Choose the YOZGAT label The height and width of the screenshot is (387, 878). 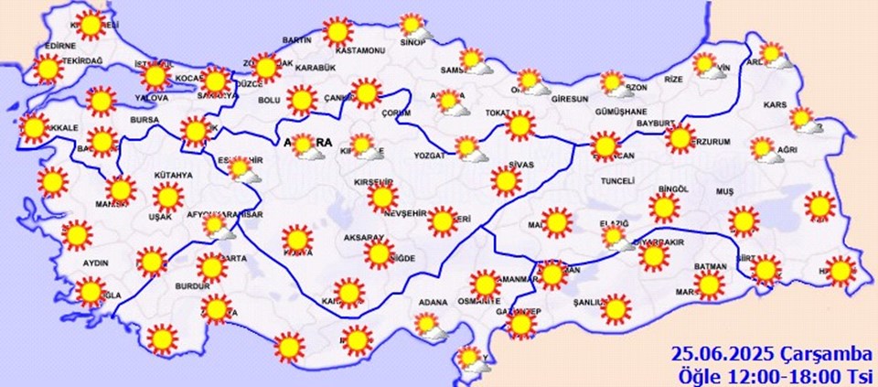pos(429,156)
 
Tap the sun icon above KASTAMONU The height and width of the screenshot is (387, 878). pos(337,32)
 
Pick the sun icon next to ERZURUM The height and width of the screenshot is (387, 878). pos(679,138)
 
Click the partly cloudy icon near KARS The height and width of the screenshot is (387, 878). pos(804,119)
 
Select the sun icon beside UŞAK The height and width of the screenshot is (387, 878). pos(167,197)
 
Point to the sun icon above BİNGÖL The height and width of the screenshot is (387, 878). pos(665,208)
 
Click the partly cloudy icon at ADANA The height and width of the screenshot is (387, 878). pos(427,325)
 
